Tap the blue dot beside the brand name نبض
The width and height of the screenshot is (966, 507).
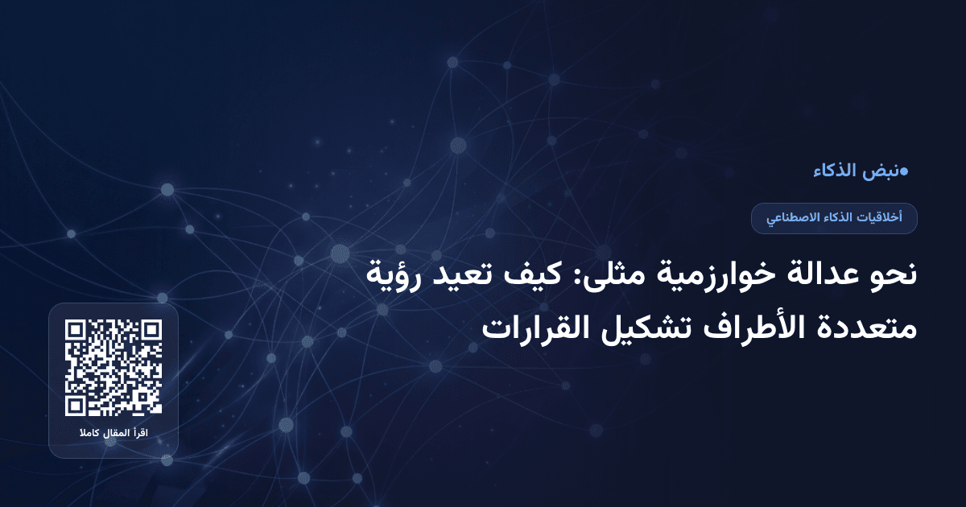click(904, 171)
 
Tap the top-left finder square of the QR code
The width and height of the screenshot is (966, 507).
click(76, 330)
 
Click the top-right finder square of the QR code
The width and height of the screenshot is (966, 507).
click(151, 330)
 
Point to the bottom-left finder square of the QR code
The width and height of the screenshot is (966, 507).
click(76, 406)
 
